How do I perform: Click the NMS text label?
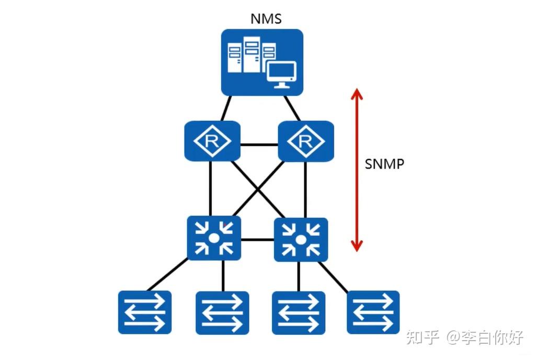point(266,19)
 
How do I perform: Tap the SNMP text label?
point(384,164)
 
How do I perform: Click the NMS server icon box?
point(262,62)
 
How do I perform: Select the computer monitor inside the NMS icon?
point(281,75)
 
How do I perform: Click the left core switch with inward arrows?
point(214,238)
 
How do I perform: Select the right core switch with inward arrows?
point(301,240)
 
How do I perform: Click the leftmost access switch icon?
point(145,312)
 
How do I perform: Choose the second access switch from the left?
point(222,313)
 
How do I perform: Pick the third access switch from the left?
point(299,313)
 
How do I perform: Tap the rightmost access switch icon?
point(373,312)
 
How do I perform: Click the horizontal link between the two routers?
point(259,144)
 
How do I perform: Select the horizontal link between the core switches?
point(257,240)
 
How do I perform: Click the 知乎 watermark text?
point(423,337)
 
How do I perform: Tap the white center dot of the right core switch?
point(301,240)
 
